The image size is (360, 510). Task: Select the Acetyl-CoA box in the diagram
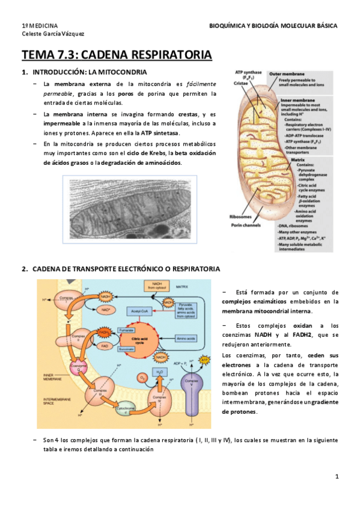coord(138,311)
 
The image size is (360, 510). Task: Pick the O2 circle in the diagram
coord(142,377)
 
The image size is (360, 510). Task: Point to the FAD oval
coord(105,347)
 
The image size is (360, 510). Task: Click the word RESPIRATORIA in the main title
coord(162,56)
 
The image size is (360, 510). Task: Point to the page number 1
coord(337,477)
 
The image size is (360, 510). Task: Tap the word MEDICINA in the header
coord(45,26)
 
